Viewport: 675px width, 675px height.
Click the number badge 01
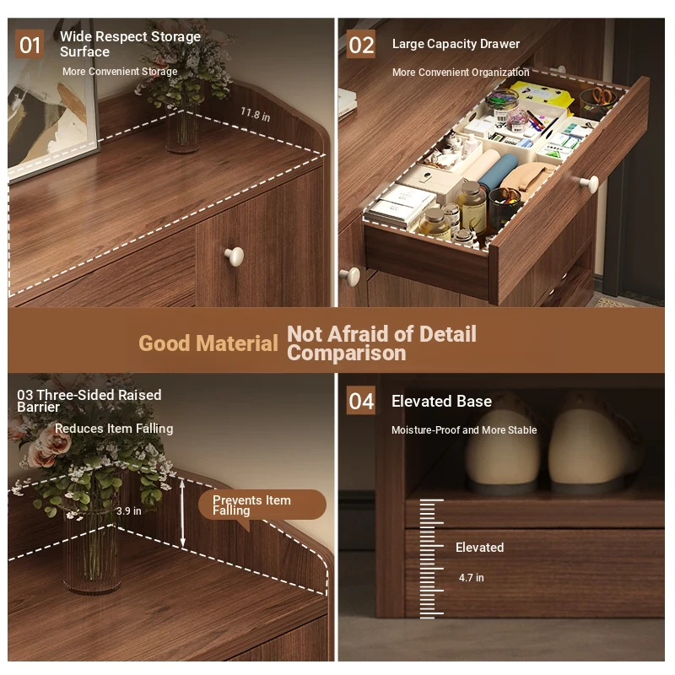[x=30, y=45]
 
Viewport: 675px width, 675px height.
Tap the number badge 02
[x=361, y=45]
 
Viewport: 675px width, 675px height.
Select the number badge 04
[x=361, y=401]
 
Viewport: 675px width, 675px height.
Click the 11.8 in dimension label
[x=256, y=115]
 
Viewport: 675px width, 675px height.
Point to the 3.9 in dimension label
[x=129, y=511]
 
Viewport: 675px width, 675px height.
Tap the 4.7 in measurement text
[x=472, y=578]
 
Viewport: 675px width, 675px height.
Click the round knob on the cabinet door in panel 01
[x=235, y=256]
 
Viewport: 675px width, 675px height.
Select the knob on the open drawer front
[x=589, y=184]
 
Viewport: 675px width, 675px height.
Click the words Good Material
[x=208, y=343]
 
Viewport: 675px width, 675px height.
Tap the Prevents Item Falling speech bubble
[x=262, y=505]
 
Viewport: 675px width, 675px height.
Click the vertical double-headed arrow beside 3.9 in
[x=182, y=514]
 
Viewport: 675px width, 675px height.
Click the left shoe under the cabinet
[x=504, y=450]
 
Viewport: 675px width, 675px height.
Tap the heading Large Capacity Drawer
[x=456, y=44]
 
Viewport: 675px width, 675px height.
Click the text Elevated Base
[x=441, y=402]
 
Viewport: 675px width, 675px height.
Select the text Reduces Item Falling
[x=114, y=429]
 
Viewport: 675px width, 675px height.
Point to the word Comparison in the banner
[x=347, y=353]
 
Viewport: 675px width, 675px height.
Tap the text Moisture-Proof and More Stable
[x=464, y=430]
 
